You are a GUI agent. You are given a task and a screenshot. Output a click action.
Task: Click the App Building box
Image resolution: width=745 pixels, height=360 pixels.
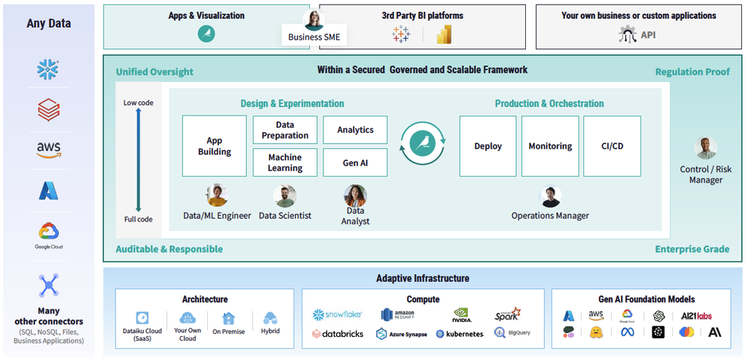coord(214,146)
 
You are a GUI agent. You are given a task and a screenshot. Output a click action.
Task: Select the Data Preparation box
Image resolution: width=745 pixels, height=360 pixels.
coord(285,130)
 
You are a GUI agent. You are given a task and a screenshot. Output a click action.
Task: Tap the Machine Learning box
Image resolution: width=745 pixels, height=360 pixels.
coord(285,162)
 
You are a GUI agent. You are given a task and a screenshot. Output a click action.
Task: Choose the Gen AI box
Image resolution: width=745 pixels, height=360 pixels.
coord(355,162)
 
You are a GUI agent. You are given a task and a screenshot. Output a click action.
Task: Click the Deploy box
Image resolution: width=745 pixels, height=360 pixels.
coord(488,146)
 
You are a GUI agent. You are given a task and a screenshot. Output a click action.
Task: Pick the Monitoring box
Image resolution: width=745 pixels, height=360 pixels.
coord(550,146)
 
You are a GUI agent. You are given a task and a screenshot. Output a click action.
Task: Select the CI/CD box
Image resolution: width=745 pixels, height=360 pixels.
coord(612,146)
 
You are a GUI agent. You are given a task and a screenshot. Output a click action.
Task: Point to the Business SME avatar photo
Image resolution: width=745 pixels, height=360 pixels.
coord(314,20)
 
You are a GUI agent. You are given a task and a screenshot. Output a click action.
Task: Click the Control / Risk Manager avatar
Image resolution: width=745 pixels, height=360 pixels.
coord(706,148)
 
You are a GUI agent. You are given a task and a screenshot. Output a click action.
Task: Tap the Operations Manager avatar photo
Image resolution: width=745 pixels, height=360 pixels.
coord(551,197)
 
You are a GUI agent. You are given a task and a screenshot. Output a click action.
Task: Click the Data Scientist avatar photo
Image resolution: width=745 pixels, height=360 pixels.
coord(285,196)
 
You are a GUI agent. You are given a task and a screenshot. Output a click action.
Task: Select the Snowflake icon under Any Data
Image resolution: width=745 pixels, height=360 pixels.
coord(48,71)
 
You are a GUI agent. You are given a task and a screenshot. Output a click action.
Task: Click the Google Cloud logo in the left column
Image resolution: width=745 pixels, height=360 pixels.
coord(48,233)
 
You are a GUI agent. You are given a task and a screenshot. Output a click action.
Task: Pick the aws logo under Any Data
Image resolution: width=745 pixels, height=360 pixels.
coord(48,150)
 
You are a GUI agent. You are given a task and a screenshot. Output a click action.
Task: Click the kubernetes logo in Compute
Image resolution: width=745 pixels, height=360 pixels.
coord(460,334)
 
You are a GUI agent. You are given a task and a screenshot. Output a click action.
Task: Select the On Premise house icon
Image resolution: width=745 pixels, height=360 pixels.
coord(228,318)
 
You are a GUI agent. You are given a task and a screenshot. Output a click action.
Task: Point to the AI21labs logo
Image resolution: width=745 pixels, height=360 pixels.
coord(696,316)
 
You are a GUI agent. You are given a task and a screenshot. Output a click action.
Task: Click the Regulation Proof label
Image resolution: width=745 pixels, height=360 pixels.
coord(692,72)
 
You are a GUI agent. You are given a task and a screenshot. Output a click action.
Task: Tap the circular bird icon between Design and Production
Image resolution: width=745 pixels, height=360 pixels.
coord(422,143)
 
